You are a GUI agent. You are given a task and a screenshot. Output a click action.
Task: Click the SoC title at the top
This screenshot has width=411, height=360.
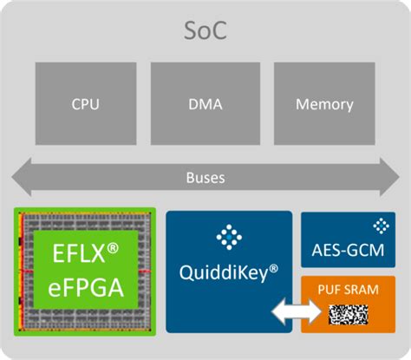(205, 32)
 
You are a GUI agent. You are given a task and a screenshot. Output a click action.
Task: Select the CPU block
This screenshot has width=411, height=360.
(85, 105)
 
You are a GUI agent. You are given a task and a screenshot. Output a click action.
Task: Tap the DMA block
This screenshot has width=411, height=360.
(205, 105)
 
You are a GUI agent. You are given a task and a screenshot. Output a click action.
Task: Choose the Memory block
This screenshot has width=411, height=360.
(324, 105)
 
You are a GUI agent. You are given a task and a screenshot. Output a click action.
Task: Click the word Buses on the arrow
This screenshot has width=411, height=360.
(205, 177)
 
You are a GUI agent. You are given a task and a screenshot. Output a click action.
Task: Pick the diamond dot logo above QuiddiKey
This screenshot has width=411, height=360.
(229, 237)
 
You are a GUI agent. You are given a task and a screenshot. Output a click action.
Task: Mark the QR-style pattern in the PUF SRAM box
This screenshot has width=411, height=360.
(352, 312)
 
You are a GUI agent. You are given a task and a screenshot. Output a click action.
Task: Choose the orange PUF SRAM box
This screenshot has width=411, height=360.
(347, 304)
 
